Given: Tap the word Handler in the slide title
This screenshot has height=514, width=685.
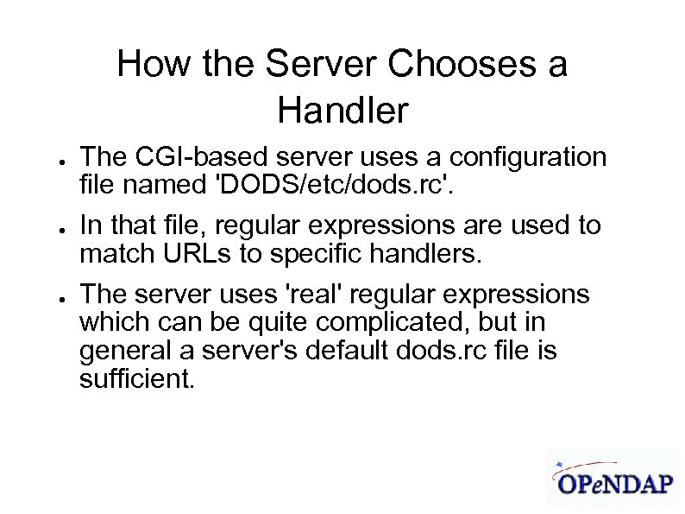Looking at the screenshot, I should click(x=342, y=111).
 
